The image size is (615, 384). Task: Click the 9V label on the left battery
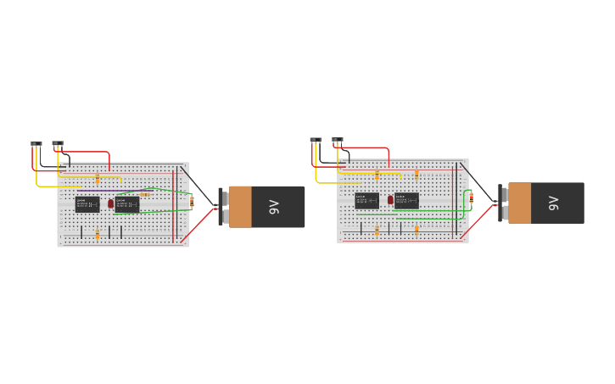274,207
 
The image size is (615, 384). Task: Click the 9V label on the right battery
553,203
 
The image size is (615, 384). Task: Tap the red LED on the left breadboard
110,203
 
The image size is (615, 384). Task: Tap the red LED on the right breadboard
390,200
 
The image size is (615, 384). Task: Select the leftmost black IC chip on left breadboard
87,203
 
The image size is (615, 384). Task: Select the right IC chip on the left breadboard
127,203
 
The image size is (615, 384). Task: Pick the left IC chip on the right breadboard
366,200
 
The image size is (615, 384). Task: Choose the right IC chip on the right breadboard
406,200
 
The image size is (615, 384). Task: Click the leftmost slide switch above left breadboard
36,143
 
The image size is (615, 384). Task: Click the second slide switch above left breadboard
58,143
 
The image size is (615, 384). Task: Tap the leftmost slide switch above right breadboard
316,139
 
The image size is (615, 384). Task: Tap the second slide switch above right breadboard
338,139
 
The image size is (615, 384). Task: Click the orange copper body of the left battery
240,207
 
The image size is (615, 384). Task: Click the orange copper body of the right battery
519,203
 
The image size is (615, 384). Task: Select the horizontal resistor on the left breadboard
145,194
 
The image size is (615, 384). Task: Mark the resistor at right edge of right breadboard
471,197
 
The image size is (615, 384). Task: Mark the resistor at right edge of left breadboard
192,202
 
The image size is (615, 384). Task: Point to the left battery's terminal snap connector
222,207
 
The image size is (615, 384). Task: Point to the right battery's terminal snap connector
501,203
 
